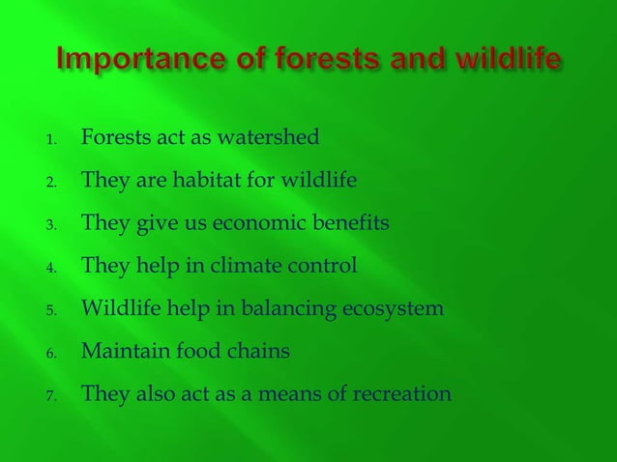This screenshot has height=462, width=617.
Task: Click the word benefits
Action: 355,223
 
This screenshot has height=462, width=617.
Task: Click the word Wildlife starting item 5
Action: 117,308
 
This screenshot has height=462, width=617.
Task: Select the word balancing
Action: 275,309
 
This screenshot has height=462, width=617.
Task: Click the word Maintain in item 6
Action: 120,351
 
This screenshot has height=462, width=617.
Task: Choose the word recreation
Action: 403,393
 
